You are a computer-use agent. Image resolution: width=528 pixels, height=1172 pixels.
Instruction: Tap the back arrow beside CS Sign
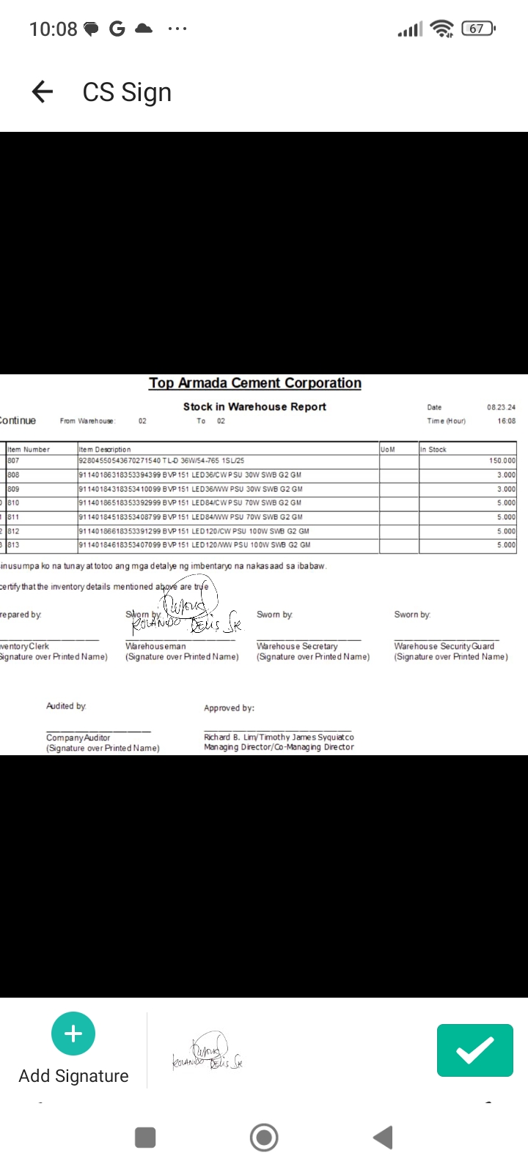point(43,92)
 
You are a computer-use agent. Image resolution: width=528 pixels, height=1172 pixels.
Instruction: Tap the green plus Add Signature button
point(73,1034)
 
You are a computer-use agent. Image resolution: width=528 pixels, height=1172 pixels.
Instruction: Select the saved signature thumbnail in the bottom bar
point(208,1053)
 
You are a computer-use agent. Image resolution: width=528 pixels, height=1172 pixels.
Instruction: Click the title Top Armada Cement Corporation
point(255,383)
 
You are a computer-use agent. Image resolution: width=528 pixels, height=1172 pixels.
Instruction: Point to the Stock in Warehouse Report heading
point(254,407)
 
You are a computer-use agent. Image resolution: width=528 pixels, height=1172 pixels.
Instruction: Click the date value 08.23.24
point(501,407)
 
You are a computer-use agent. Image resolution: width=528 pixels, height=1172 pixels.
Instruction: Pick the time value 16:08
point(506,421)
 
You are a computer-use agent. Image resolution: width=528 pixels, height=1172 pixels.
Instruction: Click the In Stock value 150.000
point(502,461)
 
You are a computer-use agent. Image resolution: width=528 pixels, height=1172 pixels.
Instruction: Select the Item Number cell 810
point(14,503)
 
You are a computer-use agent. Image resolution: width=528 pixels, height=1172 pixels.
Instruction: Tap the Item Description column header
point(105,449)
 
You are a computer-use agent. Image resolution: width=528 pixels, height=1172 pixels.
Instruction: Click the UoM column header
point(388,449)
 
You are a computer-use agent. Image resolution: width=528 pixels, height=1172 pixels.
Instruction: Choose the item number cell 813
point(14,545)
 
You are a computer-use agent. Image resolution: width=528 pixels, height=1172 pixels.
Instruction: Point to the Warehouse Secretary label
point(297,646)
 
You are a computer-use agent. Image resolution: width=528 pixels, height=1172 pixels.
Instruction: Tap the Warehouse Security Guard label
point(444,646)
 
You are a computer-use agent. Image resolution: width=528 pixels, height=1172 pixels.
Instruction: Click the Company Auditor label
point(78,738)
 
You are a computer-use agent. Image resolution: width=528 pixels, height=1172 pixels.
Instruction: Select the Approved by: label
point(229,708)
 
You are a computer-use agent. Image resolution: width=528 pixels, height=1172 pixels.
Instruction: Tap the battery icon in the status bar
point(478,29)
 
